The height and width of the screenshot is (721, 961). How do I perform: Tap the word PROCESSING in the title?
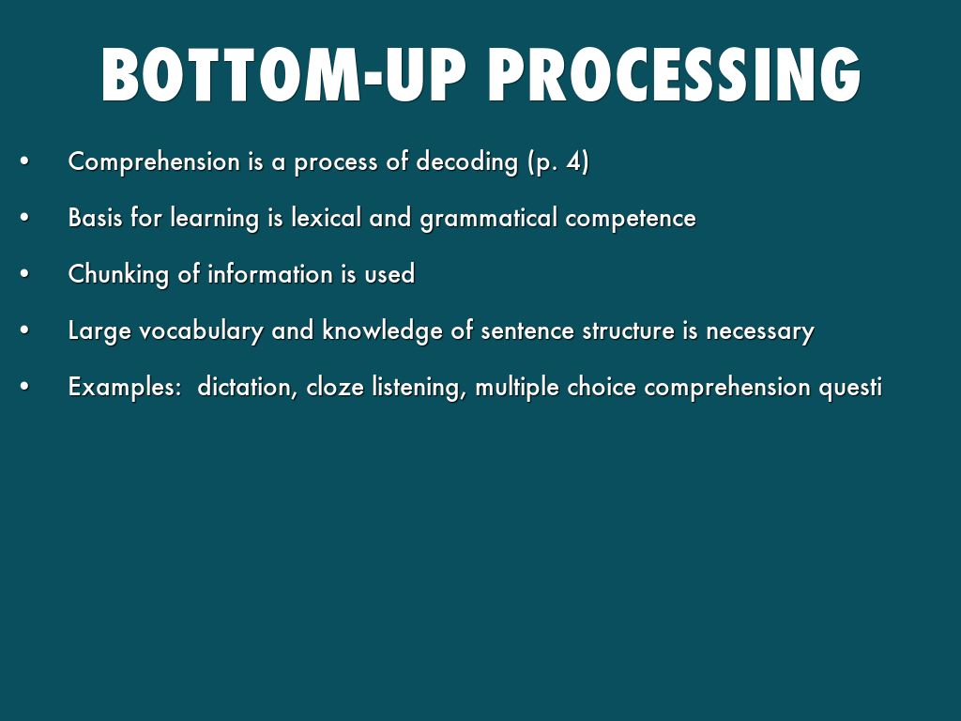tap(674, 75)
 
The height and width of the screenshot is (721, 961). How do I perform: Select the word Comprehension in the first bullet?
tap(154, 162)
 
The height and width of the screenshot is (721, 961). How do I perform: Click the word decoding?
tap(467, 162)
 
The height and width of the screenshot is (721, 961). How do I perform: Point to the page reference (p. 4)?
tap(557, 162)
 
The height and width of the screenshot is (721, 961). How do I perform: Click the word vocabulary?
tap(201, 331)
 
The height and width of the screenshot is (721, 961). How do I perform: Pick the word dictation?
tap(248, 388)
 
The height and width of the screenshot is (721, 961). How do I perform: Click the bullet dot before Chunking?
tap(24, 274)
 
